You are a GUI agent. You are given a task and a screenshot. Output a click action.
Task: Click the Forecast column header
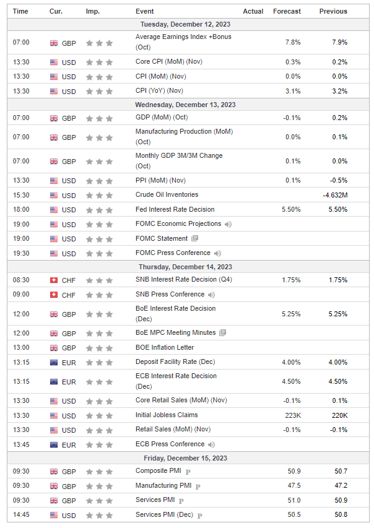tap(287, 11)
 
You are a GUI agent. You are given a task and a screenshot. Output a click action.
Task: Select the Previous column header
tap(333, 11)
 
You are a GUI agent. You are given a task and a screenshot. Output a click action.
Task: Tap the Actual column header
tap(253, 11)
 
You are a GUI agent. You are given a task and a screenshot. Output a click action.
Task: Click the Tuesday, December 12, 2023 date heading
tap(186, 24)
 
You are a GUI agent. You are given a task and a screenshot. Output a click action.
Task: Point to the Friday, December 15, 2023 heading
tap(186, 458)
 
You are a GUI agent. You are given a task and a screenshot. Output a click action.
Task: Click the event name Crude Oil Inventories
tap(167, 195)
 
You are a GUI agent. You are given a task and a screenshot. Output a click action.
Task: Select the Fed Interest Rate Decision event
tap(174, 210)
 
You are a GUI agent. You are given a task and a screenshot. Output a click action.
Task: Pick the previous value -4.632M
tap(335, 195)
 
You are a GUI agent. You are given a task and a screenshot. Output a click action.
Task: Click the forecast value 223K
tap(292, 415)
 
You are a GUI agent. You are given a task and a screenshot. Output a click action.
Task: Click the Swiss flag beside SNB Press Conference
tap(54, 295)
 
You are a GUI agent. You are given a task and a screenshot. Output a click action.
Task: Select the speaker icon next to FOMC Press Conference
tap(217, 253)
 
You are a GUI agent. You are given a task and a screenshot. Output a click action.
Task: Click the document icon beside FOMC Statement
tap(194, 238)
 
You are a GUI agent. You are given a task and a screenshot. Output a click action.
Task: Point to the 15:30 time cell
tap(20, 195)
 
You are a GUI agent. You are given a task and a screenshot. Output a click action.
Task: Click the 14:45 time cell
tap(20, 515)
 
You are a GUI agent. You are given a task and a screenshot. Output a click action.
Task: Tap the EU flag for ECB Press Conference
tap(54, 444)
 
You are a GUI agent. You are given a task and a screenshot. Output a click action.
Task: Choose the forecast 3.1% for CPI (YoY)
tap(293, 91)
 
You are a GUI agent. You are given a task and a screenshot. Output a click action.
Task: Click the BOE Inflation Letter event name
tap(164, 348)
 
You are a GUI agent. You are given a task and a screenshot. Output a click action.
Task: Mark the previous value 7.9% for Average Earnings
tap(339, 42)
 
